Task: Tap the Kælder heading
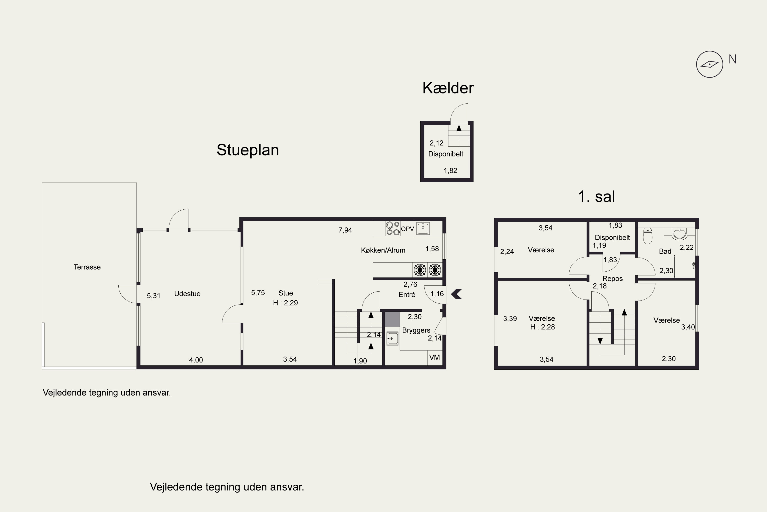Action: coord(448,88)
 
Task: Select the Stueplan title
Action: coord(247,150)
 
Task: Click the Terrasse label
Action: coord(87,267)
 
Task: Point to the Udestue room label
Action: coord(187,294)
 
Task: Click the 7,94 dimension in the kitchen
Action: coord(345,230)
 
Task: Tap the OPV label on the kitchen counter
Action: coord(407,229)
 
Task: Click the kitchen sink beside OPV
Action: coord(423,228)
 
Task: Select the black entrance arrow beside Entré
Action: coord(457,294)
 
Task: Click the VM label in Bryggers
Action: coord(434,357)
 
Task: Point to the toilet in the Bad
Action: coord(648,236)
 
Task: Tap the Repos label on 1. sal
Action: coord(612,279)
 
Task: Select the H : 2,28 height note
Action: coord(542,327)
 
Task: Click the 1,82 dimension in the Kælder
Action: coord(450,170)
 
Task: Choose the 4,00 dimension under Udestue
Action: coord(196,360)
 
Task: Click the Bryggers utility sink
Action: coord(392,338)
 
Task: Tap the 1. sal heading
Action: coord(596,197)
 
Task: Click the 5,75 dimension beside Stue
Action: coord(258,293)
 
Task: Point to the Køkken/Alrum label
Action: coord(383,250)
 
